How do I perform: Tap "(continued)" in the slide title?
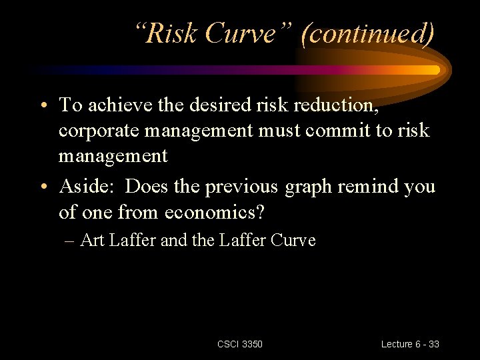tap(367, 33)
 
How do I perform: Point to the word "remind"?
tap(367, 187)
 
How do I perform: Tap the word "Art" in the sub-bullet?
tap(91, 240)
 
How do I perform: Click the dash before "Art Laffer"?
tap(69, 241)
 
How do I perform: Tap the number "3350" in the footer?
tap(253, 344)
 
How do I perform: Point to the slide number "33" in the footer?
tap(433, 344)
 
